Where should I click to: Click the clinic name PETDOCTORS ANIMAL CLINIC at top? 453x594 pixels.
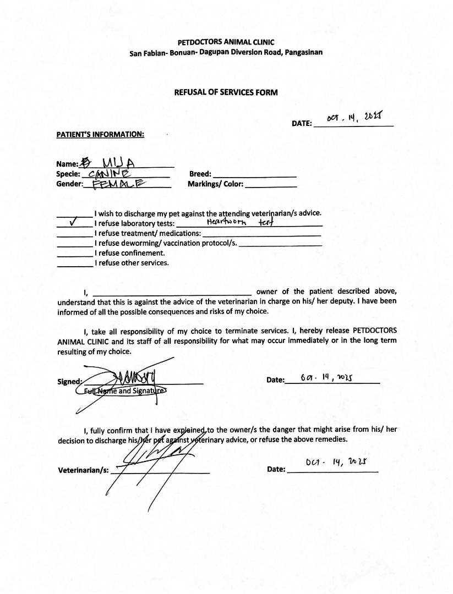click(x=226, y=42)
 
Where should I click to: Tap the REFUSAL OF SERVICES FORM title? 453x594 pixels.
click(x=226, y=92)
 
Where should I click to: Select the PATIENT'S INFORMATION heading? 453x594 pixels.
click(x=100, y=134)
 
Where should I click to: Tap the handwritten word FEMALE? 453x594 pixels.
click(x=118, y=184)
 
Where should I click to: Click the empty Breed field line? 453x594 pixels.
click(x=255, y=175)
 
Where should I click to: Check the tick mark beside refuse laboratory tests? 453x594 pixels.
click(x=74, y=223)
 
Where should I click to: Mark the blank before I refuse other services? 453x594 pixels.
click(x=75, y=265)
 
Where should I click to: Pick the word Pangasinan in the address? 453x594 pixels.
click(x=304, y=53)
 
